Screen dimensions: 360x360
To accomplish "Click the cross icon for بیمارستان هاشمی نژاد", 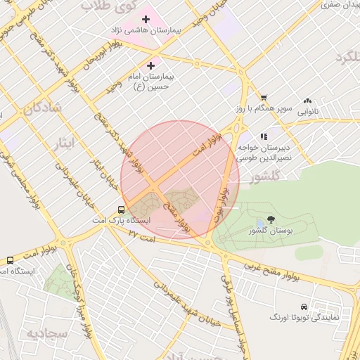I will point(146,20).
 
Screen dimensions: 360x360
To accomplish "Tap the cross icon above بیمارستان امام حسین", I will point(150,65).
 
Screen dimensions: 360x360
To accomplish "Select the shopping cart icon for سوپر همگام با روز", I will point(264,98).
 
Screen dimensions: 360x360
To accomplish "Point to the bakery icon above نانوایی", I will point(307,101).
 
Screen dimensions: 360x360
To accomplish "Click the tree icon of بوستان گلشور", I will point(271,220).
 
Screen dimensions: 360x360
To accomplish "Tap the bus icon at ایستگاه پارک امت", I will point(122,210).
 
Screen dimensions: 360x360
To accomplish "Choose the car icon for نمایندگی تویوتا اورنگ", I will point(303,307).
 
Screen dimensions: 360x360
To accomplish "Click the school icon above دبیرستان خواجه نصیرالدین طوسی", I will point(264,137).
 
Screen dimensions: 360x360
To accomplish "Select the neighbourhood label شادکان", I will point(42,108).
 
